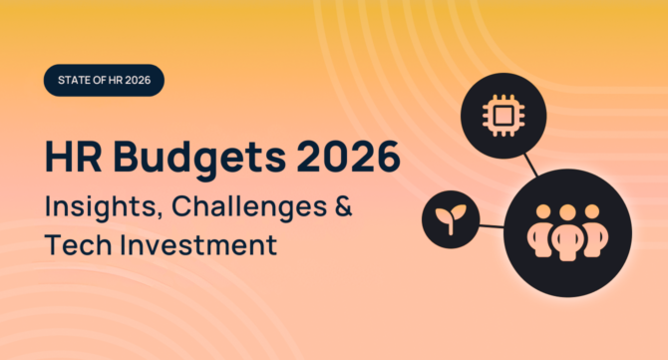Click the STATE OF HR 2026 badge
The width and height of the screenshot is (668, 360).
[x=104, y=80]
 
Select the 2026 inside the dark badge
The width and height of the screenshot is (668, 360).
[x=147, y=80]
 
